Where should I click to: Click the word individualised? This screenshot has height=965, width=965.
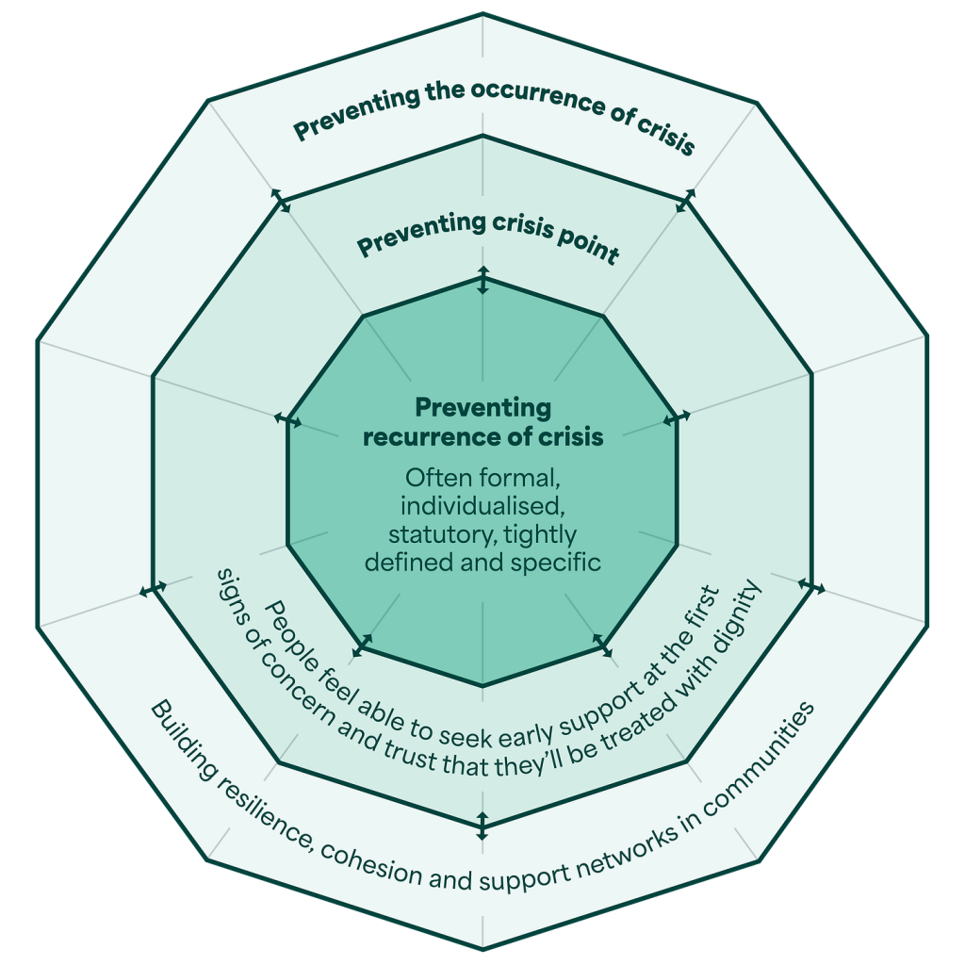tap(482, 506)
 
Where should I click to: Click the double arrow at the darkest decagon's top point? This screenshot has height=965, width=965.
tap(482, 280)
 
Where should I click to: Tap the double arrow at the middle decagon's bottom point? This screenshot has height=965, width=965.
tap(482, 826)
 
